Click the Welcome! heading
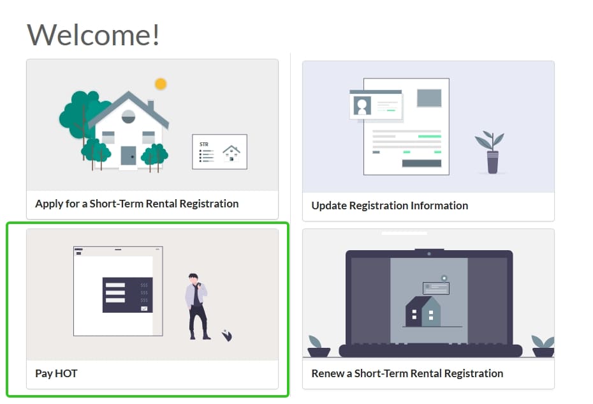[93, 35]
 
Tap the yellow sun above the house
[161, 84]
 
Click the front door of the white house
[128, 155]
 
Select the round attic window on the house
[128, 117]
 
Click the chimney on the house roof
[150, 106]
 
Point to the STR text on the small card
[204, 144]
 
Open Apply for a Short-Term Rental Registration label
[137, 204]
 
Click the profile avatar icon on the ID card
[362, 105]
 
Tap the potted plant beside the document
[490, 152]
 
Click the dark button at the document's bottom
[421, 163]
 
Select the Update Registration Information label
[390, 206]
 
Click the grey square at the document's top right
[429, 98]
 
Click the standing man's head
[194, 278]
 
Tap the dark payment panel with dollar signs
[128, 295]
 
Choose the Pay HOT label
[56, 374]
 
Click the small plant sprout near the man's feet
[227, 335]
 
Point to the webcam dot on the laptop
[429, 253]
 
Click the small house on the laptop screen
[423, 311]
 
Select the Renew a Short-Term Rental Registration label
[407, 374]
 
